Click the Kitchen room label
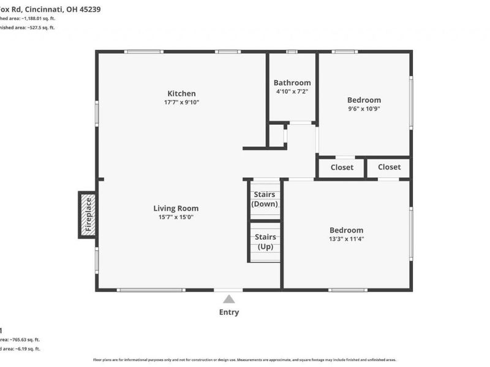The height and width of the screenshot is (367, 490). tap(182, 93)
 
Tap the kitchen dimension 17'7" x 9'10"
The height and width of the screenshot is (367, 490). tap(182, 102)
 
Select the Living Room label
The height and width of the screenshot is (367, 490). tap(176, 208)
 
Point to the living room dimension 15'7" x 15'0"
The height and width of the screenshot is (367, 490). tap(176, 217)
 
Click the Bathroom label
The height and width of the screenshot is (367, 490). tap(292, 83)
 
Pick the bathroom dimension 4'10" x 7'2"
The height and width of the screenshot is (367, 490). tap(292, 92)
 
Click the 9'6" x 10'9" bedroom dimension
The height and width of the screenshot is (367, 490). tap(364, 109)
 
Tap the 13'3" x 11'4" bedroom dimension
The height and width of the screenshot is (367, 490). tap(346, 239)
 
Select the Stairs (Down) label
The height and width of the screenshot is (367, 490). tap(265, 199)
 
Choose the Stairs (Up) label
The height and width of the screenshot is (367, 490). tap(265, 242)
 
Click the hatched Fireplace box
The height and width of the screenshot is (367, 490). tap(87, 215)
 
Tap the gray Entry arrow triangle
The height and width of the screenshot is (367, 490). tap(229, 299)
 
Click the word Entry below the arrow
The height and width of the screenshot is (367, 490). tap(229, 313)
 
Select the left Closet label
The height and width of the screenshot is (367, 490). tap(342, 167)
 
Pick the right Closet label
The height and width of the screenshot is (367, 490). tap(389, 167)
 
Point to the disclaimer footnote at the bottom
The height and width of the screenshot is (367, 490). tap(244, 360)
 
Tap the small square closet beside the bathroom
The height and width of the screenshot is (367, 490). tap(277, 135)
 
